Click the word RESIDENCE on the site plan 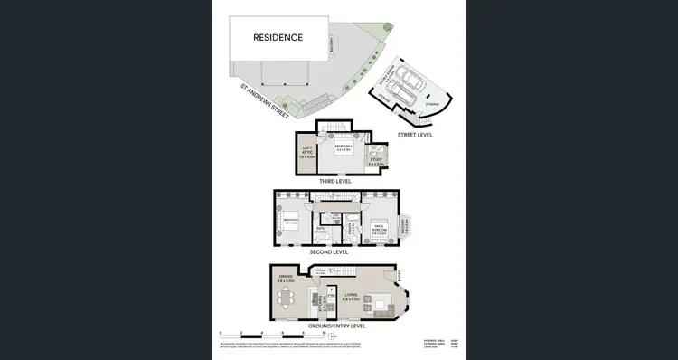[x=278, y=38]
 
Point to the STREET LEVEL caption [x=415, y=134]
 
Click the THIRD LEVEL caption [x=334, y=180]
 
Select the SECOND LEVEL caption [x=329, y=251]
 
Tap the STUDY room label [x=374, y=163]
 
